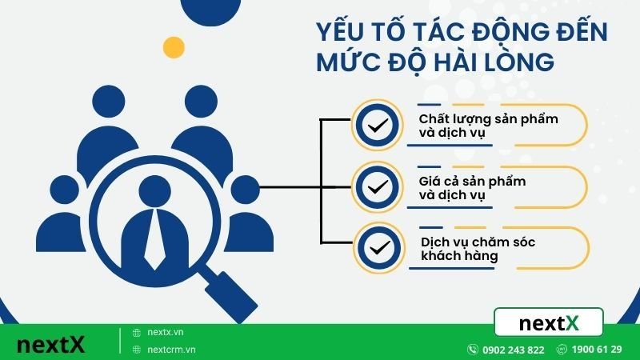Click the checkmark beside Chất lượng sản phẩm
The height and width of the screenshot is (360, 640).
[375, 126]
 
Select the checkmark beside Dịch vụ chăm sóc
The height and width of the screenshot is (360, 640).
[375, 248]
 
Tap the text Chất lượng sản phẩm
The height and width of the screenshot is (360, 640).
[477, 119]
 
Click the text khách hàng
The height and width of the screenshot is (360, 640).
[459, 256]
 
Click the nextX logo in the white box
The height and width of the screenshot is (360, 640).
[549, 323]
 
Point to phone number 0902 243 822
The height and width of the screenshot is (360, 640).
[514, 350]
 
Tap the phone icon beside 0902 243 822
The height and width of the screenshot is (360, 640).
[474, 350]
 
